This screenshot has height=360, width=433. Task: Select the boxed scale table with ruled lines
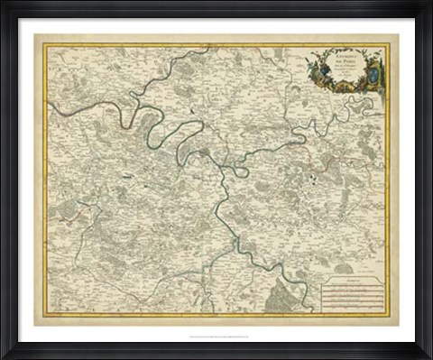pos(353,295)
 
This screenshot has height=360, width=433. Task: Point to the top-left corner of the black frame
pos(3,3)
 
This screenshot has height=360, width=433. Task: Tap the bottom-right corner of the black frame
pos(429,356)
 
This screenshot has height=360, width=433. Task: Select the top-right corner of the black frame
pos(429,3)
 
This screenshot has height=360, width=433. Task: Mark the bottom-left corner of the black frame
pos(3,356)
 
